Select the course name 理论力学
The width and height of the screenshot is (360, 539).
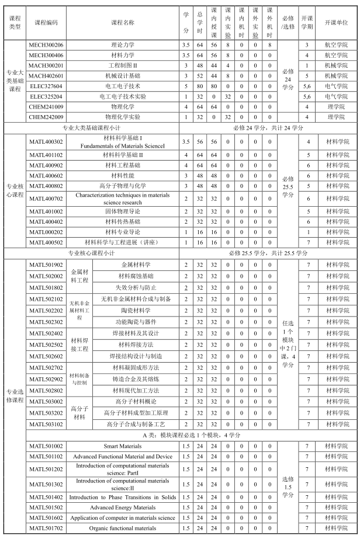click(122, 44)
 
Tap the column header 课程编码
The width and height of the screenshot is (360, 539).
click(46, 22)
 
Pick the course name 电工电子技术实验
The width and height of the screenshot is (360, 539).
click(122, 96)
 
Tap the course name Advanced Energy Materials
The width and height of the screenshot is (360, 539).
click(122, 507)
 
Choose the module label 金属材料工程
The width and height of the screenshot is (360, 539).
click(79, 276)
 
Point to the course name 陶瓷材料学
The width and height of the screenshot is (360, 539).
click(135, 310)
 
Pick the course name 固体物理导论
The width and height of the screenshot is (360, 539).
click(122, 211)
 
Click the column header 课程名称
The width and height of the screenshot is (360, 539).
click(122, 22)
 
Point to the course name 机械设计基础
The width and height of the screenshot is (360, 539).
click(122, 75)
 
